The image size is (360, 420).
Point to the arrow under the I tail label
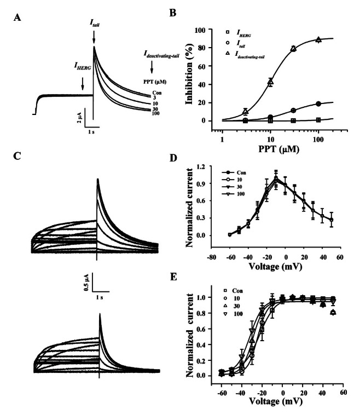(94, 37)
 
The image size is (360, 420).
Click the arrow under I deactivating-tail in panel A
(152, 67)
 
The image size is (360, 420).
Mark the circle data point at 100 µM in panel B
(318, 103)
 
